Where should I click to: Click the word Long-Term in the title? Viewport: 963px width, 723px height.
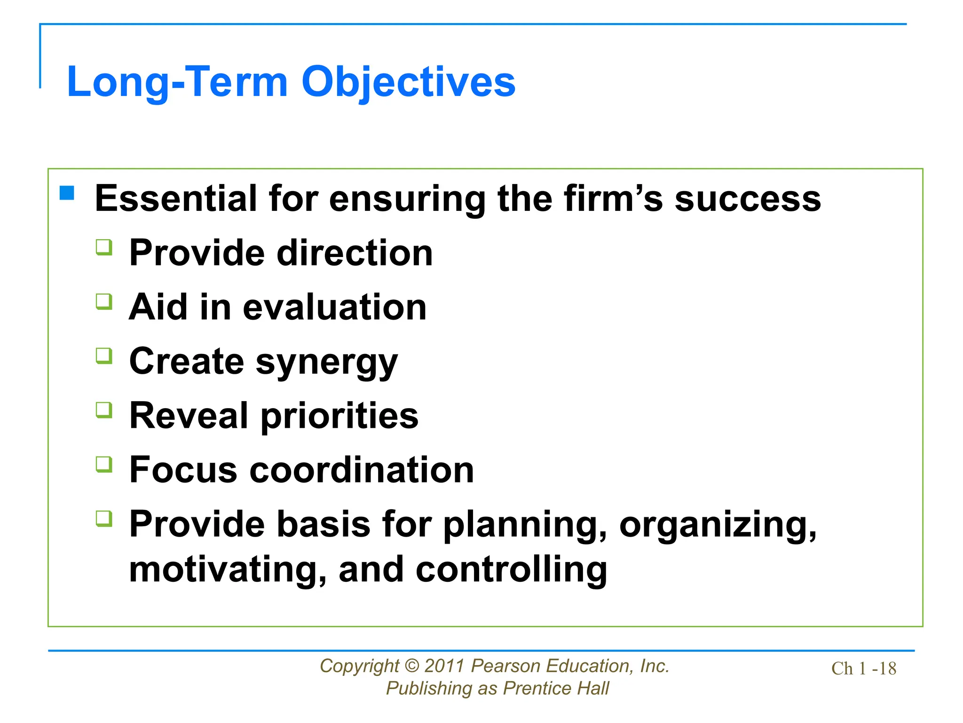click(177, 82)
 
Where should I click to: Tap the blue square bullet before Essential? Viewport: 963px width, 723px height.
click(67, 193)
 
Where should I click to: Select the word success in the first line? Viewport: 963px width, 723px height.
click(748, 199)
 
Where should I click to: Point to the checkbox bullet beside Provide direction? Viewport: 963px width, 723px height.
click(104, 247)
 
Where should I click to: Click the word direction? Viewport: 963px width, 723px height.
click(355, 253)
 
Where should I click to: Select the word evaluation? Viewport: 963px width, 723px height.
click(335, 307)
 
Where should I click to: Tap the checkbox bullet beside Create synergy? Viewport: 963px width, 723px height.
click(104, 356)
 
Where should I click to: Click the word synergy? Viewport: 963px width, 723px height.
click(327, 362)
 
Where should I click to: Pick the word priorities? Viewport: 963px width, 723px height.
click(339, 416)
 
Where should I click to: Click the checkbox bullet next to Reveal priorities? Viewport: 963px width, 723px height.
click(104, 410)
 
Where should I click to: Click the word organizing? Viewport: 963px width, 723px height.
click(718, 525)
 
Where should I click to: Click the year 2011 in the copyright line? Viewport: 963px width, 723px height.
click(444, 666)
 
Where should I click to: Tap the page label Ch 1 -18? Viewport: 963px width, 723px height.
click(863, 668)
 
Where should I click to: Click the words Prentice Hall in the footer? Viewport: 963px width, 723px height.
click(556, 689)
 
